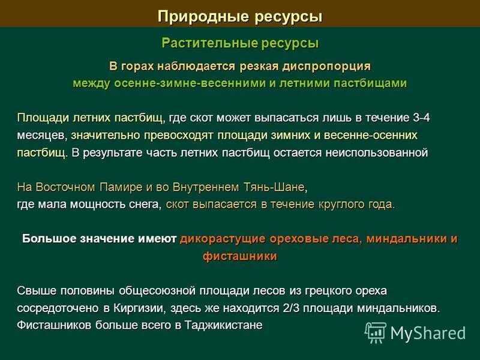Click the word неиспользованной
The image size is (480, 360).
(376, 152)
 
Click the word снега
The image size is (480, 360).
(143, 205)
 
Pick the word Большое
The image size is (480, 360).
(50, 239)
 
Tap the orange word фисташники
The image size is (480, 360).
(240, 256)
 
